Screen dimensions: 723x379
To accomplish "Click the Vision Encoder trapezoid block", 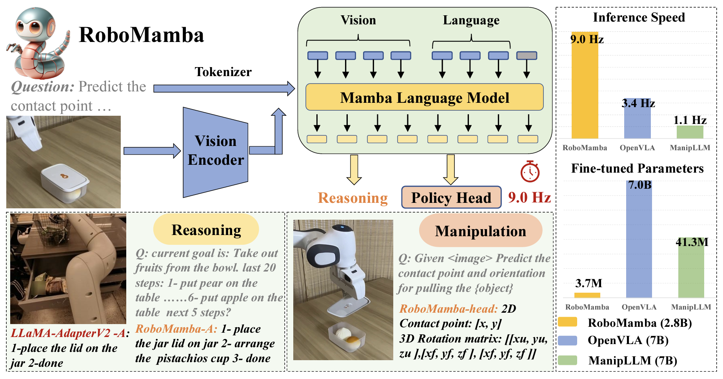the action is pyautogui.click(x=216, y=152).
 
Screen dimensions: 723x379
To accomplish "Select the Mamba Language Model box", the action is pyautogui.click(x=424, y=97).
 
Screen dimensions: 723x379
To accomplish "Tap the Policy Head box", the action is pyautogui.click(x=451, y=197).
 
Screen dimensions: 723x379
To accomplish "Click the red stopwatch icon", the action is pyautogui.click(x=530, y=171).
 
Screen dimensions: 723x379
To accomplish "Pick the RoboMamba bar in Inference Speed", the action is pyautogui.click(x=585, y=85).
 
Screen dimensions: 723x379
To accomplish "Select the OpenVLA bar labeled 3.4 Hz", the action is pyautogui.click(x=637, y=118).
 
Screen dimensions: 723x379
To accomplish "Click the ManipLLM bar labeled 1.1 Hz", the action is pyautogui.click(x=690, y=132).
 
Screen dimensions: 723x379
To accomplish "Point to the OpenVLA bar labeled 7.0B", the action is pyautogui.click(x=639, y=239).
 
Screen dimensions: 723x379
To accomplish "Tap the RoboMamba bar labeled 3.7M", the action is pyautogui.click(x=587, y=295).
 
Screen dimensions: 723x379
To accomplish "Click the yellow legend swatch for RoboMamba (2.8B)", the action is pyautogui.click(x=567, y=322).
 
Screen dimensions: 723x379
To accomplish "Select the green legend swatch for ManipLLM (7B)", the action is pyautogui.click(x=567, y=360).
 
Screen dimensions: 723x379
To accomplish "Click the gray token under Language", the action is pyautogui.click(x=527, y=56).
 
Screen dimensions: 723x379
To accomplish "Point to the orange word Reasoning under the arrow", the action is pyautogui.click(x=352, y=198).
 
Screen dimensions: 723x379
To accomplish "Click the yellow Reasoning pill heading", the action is pyautogui.click(x=206, y=230).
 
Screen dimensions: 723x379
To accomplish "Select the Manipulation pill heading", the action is pyautogui.click(x=481, y=231).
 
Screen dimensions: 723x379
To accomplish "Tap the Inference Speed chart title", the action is pyautogui.click(x=639, y=18).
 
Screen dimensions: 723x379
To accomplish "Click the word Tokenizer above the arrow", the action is pyautogui.click(x=223, y=72).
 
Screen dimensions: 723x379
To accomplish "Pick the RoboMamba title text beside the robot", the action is pyautogui.click(x=141, y=35).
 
